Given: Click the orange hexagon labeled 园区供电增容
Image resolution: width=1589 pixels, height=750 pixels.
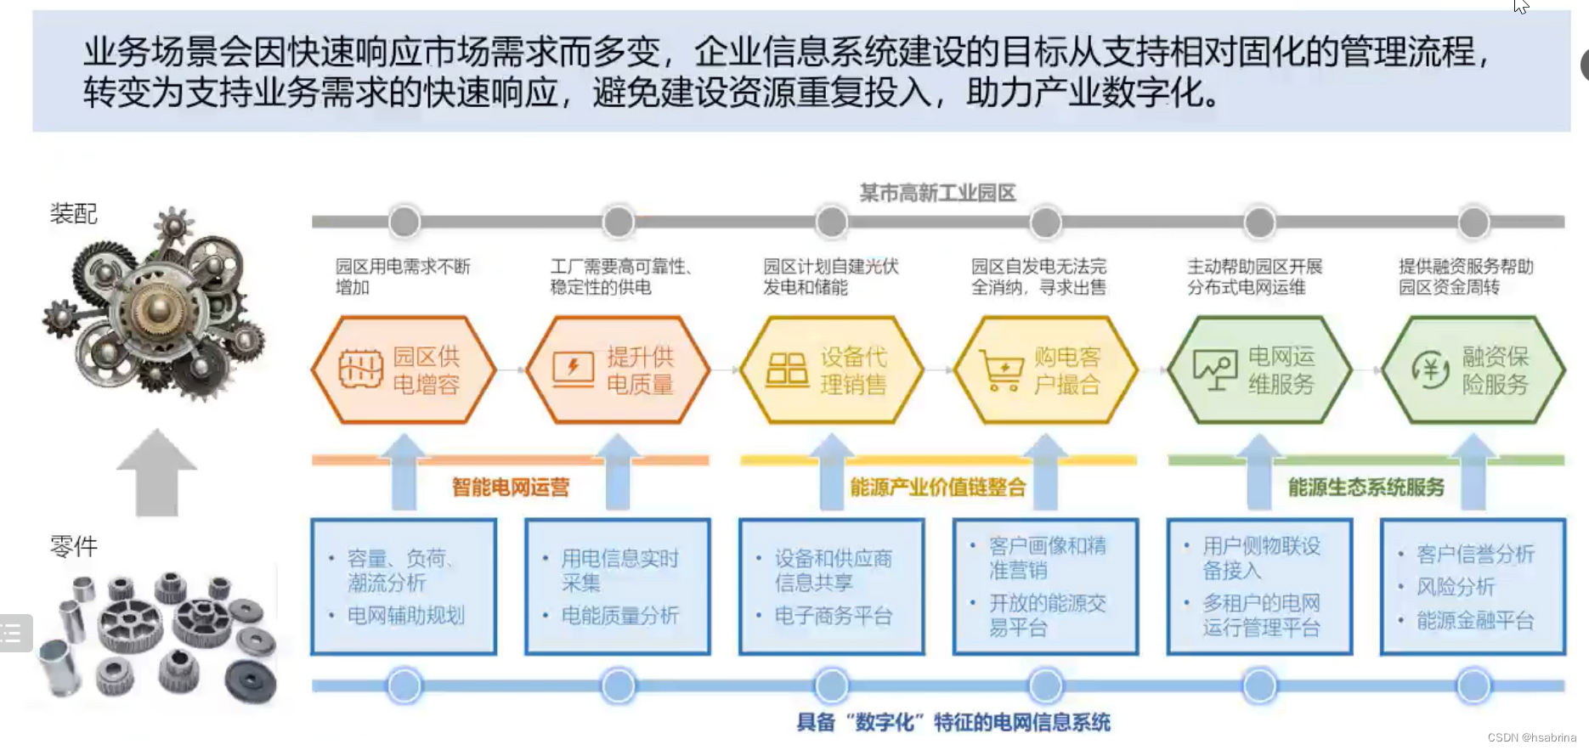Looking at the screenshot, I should (404, 370).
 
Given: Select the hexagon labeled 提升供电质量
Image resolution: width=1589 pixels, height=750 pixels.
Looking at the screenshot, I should (618, 370).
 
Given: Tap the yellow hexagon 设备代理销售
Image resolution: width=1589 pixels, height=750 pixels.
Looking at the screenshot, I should (832, 370).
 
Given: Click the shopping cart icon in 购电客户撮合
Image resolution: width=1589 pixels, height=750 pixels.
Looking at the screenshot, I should (1003, 371).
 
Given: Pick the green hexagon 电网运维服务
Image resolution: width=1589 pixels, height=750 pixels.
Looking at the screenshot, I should (1259, 370).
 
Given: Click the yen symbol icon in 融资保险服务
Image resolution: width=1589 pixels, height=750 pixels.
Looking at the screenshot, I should (1430, 370).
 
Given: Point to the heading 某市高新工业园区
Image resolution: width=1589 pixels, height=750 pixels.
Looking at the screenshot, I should (937, 193).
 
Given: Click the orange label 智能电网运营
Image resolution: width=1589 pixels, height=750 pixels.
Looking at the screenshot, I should (510, 487).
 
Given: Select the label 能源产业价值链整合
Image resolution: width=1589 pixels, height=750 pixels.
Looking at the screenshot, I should (937, 487).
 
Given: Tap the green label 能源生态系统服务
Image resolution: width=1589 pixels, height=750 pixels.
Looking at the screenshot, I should (1366, 487).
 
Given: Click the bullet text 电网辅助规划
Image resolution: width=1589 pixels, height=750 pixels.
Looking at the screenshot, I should (405, 616).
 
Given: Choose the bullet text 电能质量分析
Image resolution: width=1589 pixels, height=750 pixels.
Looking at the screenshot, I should (619, 616).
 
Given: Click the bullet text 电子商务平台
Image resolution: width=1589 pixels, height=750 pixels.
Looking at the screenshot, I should (833, 616).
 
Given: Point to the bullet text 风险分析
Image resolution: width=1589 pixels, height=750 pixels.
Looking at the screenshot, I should (1455, 587).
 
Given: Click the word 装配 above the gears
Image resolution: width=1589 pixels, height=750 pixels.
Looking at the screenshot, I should (74, 213).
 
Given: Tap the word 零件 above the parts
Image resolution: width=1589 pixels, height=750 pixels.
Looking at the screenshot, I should (74, 545).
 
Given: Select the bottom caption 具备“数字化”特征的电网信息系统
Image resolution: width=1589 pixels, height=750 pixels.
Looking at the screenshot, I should (953, 722).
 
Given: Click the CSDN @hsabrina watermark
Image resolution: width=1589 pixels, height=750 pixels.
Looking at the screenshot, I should (1531, 737).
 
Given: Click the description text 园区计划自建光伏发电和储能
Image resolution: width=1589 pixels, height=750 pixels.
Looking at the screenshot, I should (830, 277).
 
